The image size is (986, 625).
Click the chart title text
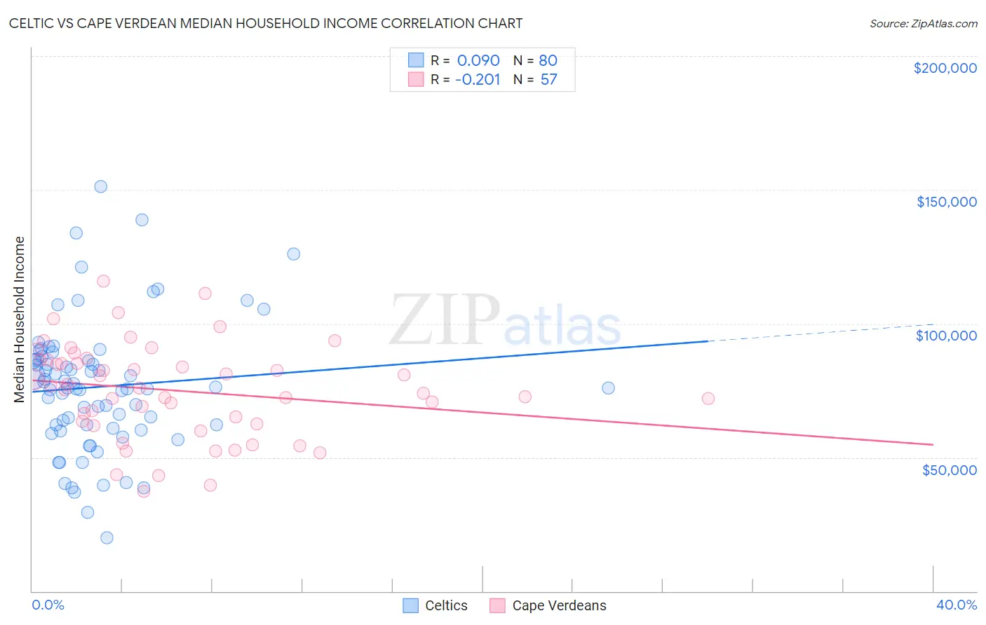pos(265,23)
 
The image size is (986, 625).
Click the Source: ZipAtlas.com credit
pos(923,24)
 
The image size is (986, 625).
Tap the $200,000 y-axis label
pos(945,68)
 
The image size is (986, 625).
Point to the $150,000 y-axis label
pos(946,202)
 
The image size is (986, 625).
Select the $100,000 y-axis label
pos(946,336)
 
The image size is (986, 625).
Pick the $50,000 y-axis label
pos(949,469)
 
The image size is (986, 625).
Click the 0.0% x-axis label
pos(48,605)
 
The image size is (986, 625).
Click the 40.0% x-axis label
pos(956,605)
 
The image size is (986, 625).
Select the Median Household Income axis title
pos(20,320)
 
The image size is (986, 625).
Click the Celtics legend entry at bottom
pos(435,605)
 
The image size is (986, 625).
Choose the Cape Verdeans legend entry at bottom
pos(548,605)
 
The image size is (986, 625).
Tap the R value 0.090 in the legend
pos(478,60)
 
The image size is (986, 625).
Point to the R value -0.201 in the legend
pos(477,80)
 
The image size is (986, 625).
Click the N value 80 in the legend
pos(548,60)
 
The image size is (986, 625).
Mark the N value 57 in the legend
pos(548,80)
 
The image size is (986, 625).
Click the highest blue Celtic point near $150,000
pos(101,186)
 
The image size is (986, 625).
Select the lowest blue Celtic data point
pos(107,537)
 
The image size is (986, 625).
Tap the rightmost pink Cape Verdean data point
pos(708,399)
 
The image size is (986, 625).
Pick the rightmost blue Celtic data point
pos(608,388)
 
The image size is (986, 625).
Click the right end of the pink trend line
pos(933,445)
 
